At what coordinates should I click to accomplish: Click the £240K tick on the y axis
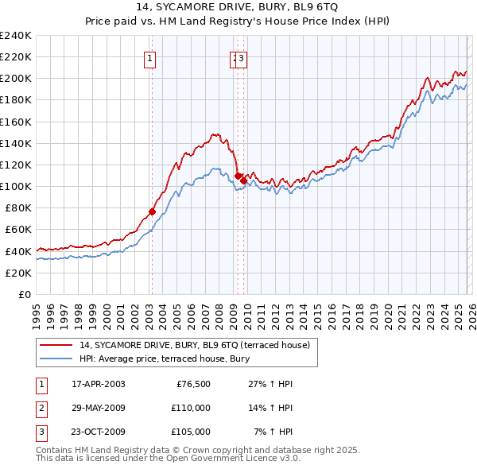[x=16, y=35]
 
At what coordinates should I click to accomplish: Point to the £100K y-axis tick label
[x=16, y=186]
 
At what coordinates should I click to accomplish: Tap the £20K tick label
[x=18, y=273]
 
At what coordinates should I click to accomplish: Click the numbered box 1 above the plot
[x=151, y=56]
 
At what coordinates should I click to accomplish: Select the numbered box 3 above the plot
[x=242, y=56]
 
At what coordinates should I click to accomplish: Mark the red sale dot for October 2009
[x=243, y=180]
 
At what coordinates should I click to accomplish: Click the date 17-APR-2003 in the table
[x=98, y=384]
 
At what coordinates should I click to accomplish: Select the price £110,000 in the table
[x=191, y=408]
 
